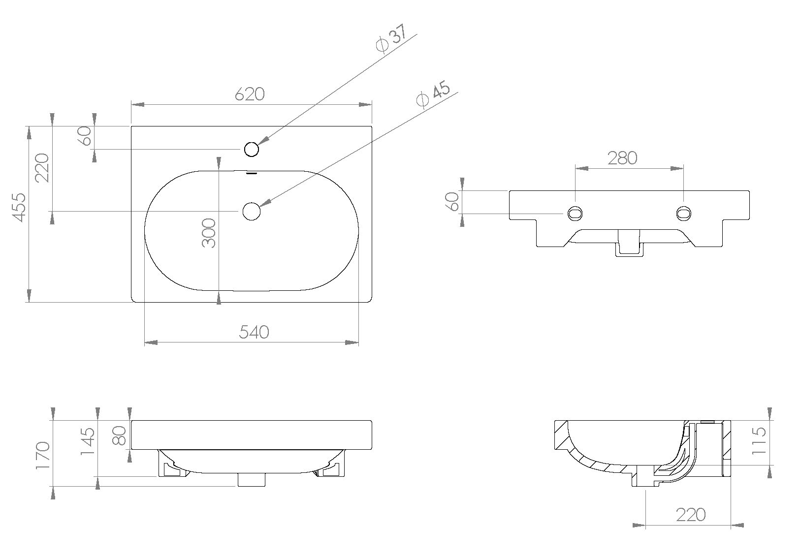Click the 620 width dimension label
(250, 94)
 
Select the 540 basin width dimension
(254, 332)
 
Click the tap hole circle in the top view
(252, 149)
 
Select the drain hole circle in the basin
(252, 211)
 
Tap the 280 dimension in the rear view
(622, 158)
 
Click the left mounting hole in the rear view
(575, 213)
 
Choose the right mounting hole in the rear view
(684, 213)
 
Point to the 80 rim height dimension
(120, 435)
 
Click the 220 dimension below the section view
(690, 515)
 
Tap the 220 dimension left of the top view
(43, 168)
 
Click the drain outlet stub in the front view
(252, 479)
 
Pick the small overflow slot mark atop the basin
(252, 173)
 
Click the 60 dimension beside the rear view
(452, 201)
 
